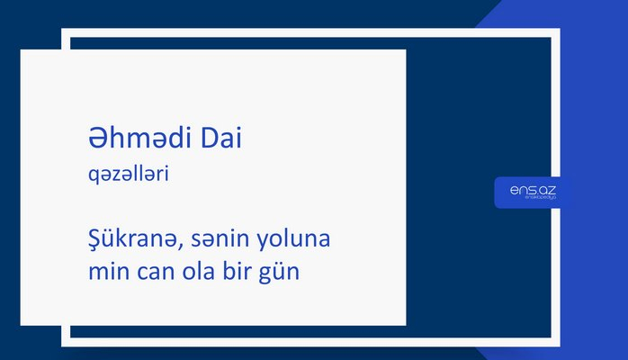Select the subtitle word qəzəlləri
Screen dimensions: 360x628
[122, 175]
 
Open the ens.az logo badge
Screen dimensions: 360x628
[532, 191]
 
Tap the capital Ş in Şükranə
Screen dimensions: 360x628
[85, 242]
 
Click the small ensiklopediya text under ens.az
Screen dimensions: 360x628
[532, 200]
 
